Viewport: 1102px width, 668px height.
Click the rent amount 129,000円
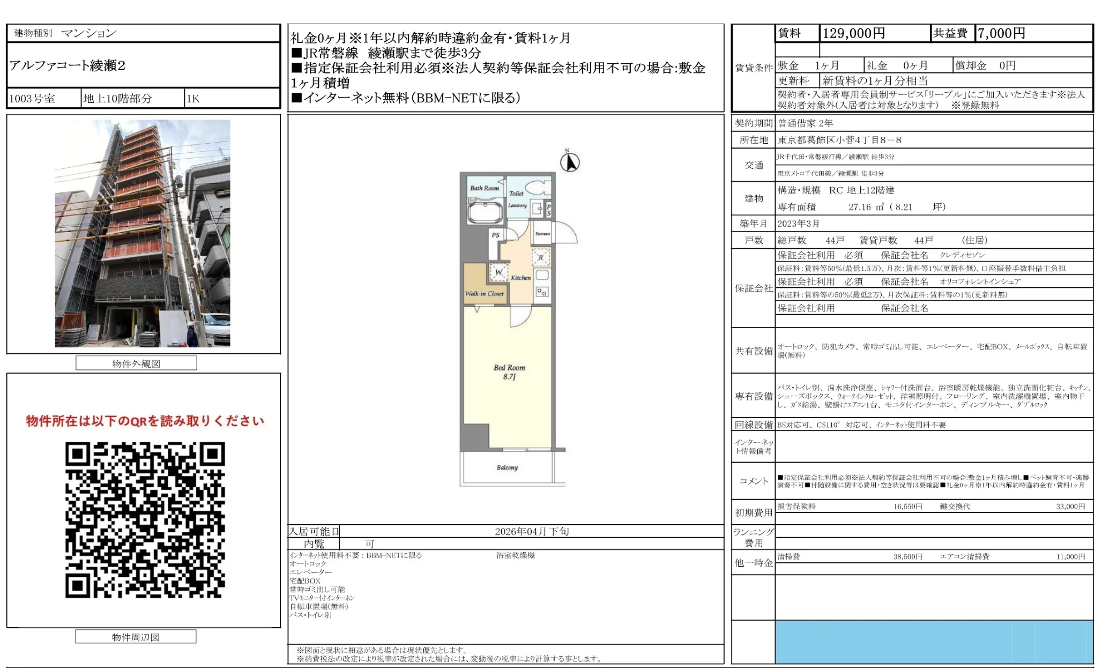click(x=853, y=34)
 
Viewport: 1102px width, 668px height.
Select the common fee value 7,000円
click(x=1001, y=34)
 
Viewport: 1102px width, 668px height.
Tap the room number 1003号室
click(x=32, y=99)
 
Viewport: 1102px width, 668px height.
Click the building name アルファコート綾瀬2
click(x=68, y=66)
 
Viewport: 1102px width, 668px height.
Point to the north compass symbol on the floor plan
click(x=570, y=162)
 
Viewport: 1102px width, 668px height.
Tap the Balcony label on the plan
click(x=507, y=467)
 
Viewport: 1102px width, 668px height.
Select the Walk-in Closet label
click(x=484, y=294)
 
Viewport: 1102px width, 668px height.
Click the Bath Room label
click(x=485, y=188)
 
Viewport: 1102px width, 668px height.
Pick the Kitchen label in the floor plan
click(x=520, y=278)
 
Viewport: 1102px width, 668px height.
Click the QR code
click(x=145, y=519)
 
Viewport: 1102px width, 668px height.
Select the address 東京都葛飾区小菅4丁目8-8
click(x=839, y=140)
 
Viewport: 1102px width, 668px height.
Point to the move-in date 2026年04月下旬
click(x=532, y=531)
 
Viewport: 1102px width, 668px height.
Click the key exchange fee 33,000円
click(x=1070, y=507)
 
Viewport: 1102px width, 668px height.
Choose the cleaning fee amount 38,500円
click(x=907, y=557)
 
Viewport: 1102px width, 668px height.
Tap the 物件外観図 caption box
click(x=136, y=363)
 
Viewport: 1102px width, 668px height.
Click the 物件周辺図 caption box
click(x=136, y=637)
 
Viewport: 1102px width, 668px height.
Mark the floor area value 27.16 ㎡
click(x=866, y=207)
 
